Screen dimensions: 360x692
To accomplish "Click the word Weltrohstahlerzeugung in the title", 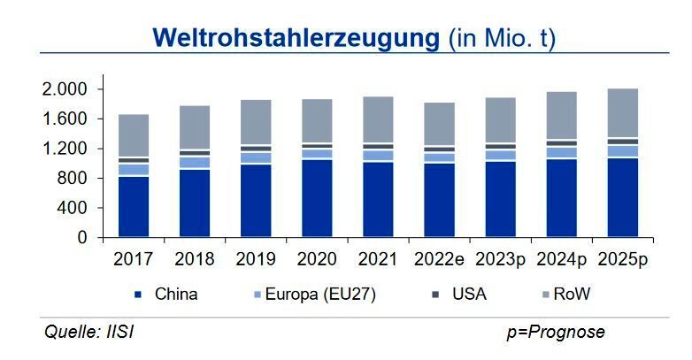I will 296,37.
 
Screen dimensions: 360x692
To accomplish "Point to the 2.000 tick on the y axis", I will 64,89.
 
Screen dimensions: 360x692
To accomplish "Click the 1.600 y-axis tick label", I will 64,119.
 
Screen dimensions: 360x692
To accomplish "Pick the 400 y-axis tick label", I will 74,208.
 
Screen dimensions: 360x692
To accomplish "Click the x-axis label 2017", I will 135,260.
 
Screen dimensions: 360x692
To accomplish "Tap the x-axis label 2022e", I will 437,260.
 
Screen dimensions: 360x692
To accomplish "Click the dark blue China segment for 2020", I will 316,199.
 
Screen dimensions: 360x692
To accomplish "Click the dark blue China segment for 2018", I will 195,203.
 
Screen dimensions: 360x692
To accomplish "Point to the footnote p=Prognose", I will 556,333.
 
